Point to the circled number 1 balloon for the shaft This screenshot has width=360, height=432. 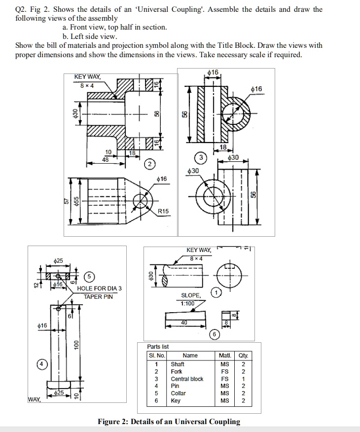[216, 293]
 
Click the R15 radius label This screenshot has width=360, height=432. [163, 211]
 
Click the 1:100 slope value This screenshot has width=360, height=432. [187, 303]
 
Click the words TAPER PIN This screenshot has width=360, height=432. [98, 296]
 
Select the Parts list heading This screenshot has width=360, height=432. [158, 347]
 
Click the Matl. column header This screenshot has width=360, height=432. [225, 356]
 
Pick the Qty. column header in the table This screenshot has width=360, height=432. [244, 356]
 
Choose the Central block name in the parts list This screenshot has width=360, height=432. [187, 379]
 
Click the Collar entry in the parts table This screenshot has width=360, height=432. [178, 394]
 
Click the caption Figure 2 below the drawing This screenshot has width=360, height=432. [169, 422]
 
